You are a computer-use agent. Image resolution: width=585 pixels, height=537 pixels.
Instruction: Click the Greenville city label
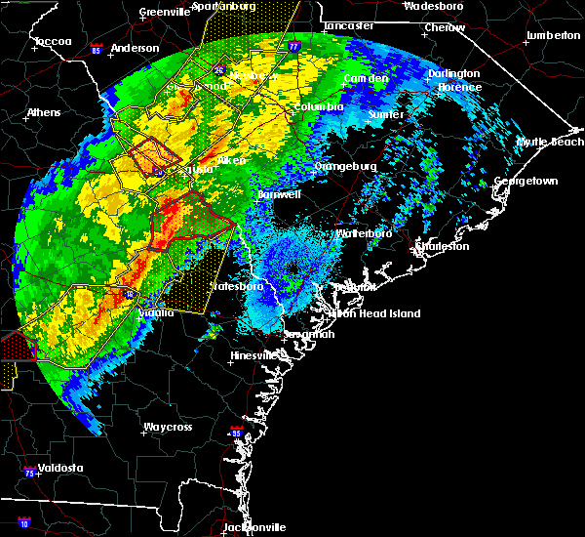pyautogui.click(x=164, y=12)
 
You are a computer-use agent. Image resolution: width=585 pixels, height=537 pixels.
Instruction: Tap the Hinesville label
pyautogui.click(x=253, y=355)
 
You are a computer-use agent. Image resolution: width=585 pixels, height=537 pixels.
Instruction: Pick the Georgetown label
pyautogui.click(x=526, y=181)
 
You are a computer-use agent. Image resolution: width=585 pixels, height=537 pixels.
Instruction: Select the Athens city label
pyautogui.click(x=43, y=112)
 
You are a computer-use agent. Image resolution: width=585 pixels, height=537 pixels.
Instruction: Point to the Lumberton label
pyautogui.click(x=552, y=35)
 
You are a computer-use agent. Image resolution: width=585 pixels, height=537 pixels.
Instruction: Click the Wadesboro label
pyautogui.click(x=434, y=5)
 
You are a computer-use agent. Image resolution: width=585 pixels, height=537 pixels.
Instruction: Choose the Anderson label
pyautogui.click(x=135, y=48)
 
